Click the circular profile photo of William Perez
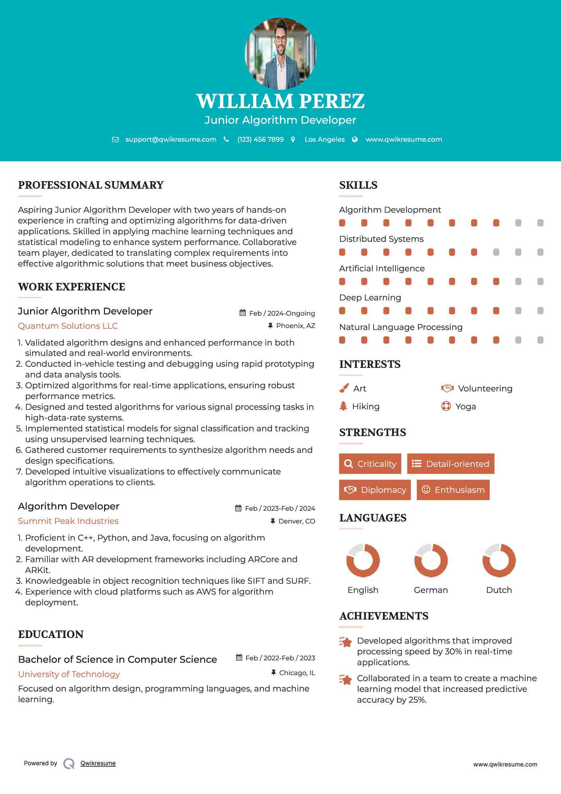point(280,53)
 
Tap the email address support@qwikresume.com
point(171,139)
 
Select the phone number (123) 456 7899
point(260,139)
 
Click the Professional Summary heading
point(91,185)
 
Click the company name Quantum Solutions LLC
point(68,326)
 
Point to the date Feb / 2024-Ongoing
point(282,313)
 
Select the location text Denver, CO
point(297,521)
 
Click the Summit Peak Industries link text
point(68,521)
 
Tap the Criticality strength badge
point(370,464)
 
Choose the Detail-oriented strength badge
point(451,464)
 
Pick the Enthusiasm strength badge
point(453,490)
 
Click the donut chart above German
point(431,560)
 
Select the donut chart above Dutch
point(499,560)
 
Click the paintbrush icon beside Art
point(344,388)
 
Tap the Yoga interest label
point(466,407)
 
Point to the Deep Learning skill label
point(370,298)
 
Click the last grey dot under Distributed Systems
point(540,252)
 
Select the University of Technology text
point(69,674)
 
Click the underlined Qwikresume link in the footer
point(98,763)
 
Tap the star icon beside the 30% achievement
point(346,642)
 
